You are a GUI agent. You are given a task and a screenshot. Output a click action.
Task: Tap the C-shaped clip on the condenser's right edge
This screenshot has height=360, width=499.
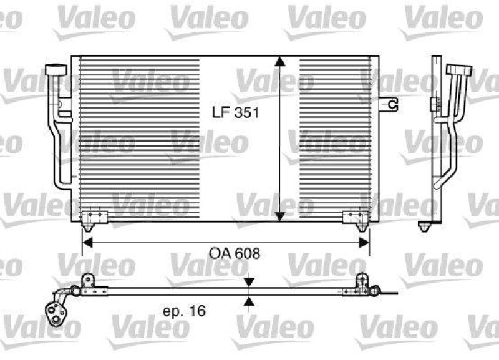point(392,104)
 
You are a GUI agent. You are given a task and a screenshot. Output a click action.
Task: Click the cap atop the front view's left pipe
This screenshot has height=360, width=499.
point(59,71)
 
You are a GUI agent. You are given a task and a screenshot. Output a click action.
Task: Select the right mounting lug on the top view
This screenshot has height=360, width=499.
point(361,279)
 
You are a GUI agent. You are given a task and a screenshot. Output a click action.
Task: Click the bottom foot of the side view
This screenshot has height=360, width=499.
point(427,223)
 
